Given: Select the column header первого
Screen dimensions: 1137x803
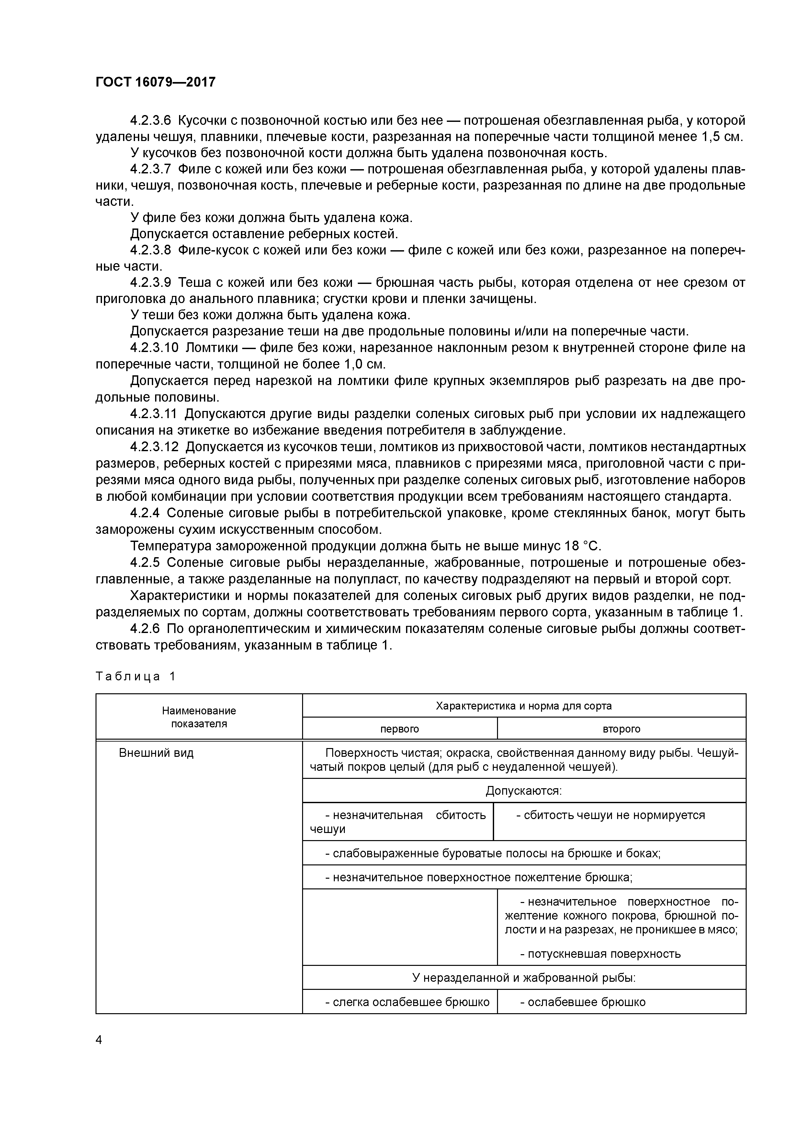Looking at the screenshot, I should pos(399,729).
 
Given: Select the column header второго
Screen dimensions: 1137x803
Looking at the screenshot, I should pos(621,729).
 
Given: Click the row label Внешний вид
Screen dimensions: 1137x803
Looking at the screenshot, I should pos(156,753).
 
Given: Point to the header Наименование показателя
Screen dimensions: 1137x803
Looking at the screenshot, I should pos(199,717).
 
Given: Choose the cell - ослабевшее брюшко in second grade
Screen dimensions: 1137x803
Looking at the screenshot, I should pos(583,1002).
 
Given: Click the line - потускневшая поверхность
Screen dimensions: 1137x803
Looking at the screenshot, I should pos(600,954).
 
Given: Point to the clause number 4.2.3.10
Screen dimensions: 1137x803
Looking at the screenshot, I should pos(154,348).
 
